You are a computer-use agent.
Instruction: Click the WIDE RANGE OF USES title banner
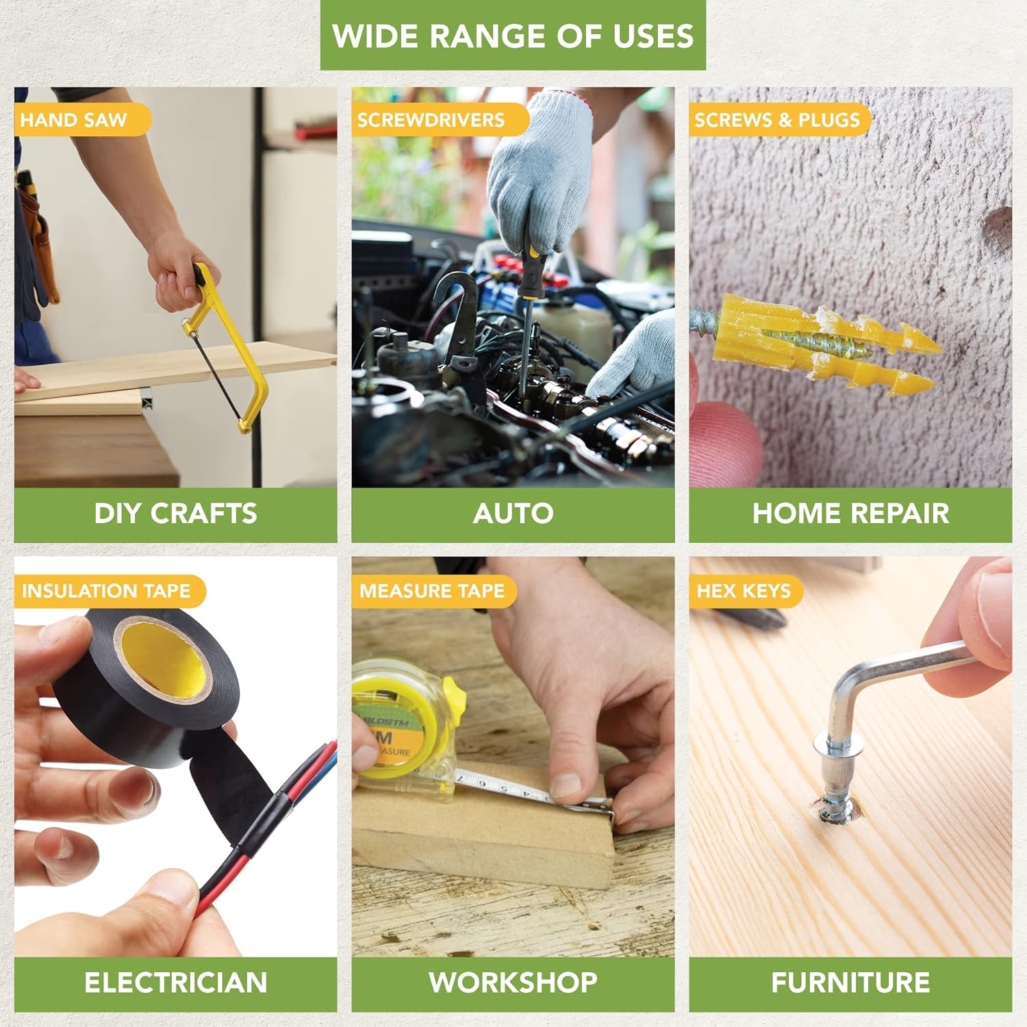(x=513, y=36)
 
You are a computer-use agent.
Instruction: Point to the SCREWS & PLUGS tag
(x=779, y=120)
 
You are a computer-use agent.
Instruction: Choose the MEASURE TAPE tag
(x=433, y=591)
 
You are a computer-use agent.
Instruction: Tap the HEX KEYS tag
(x=746, y=591)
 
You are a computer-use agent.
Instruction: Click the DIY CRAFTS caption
(x=176, y=514)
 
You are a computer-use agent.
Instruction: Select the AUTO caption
(x=513, y=514)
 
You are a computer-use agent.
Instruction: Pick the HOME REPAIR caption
(x=850, y=514)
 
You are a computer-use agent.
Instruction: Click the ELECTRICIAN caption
(x=176, y=983)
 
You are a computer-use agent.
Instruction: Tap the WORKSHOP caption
(x=513, y=983)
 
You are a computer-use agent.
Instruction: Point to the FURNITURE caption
(x=850, y=983)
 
